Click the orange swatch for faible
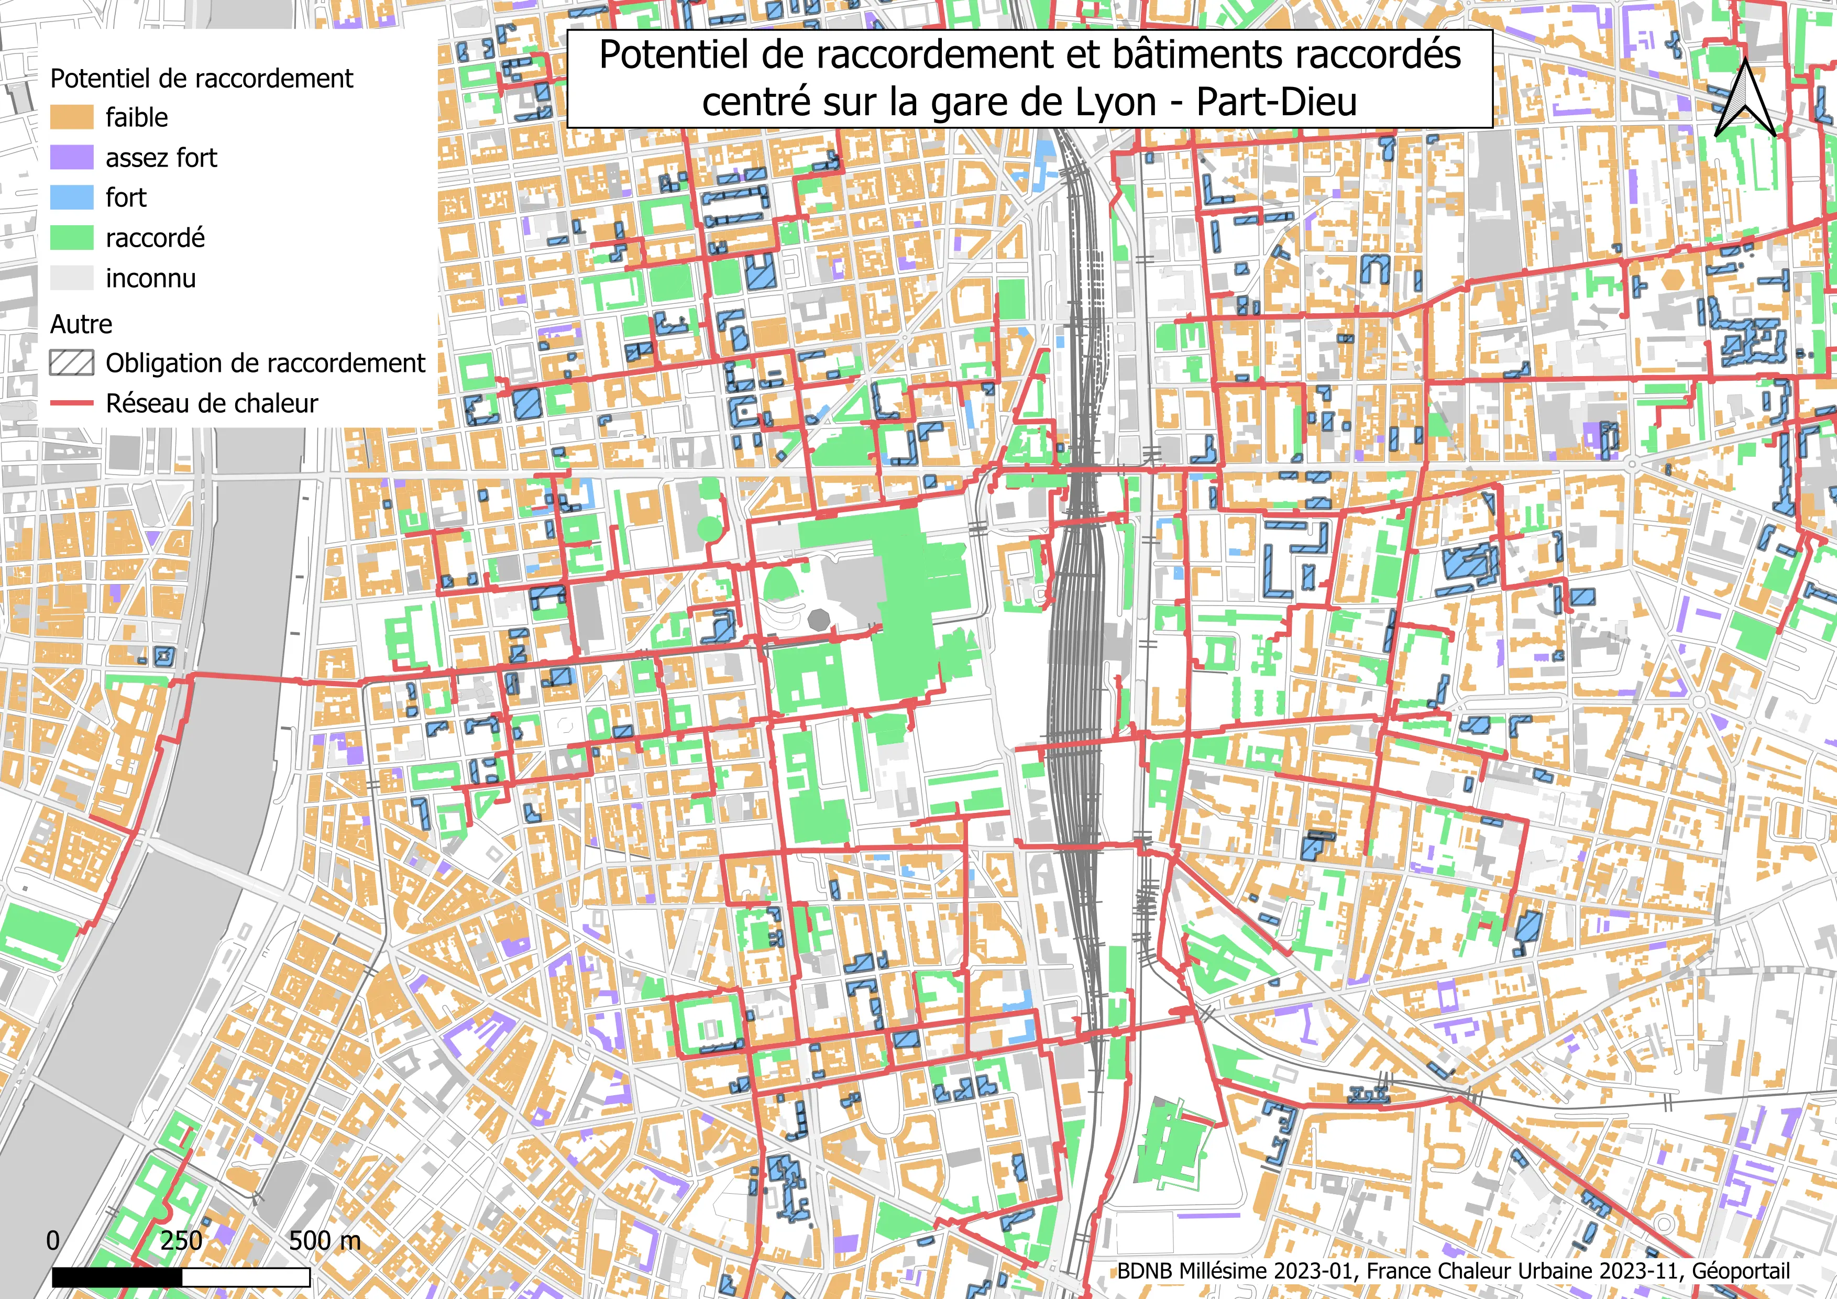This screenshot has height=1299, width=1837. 71,117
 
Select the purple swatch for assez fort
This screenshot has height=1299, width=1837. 71,158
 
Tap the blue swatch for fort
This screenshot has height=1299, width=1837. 71,197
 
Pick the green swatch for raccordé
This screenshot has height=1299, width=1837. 71,238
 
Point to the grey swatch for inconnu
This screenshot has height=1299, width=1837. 71,278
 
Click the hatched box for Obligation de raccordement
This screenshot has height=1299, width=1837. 71,363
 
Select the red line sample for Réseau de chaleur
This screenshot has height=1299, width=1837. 71,403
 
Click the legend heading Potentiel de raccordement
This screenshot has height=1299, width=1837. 202,79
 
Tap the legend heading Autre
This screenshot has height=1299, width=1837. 81,324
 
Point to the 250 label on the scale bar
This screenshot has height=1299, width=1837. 181,1241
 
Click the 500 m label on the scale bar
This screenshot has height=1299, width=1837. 324,1241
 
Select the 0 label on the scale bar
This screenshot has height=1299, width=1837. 53,1241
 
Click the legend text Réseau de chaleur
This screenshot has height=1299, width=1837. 212,403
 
